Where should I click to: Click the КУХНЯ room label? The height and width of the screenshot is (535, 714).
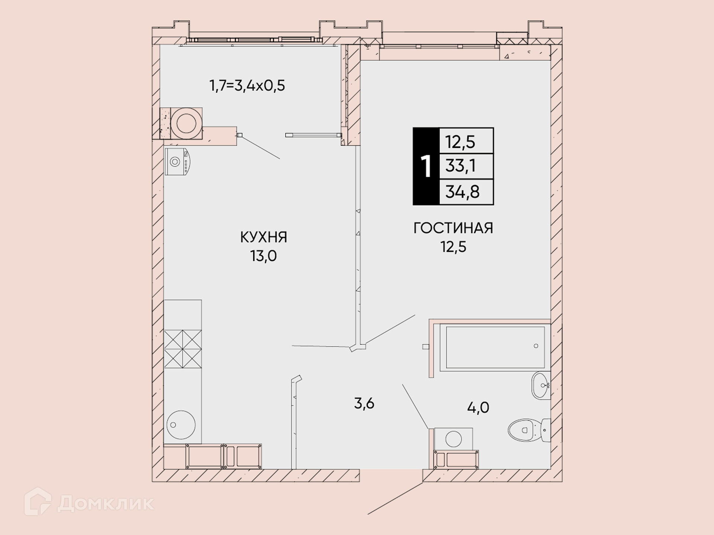pyautogui.click(x=264, y=237)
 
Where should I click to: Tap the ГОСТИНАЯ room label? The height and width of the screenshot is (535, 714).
pyautogui.click(x=453, y=228)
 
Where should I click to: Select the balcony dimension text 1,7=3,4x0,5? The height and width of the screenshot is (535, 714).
pyautogui.click(x=247, y=86)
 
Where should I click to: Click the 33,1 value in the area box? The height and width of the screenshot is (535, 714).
pyautogui.click(x=461, y=166)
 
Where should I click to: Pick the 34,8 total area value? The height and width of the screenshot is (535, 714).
pyautogui.click(x=463, y=192)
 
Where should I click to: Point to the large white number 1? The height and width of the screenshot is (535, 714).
pyautogui.click(x=426, y=167)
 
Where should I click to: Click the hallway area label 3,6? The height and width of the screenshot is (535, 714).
pyautogui.click(x=364, y=403)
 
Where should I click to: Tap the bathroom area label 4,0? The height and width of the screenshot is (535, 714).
pyautogui.click(x=478, y=408)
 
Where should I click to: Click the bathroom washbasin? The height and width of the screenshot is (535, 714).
pyautogui.click(x=541, y=385)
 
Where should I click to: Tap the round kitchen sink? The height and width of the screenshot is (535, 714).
pyautogui.click(x=181, y=425)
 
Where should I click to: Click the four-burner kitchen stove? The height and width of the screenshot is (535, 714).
pyautogui.click(x=183, y=349)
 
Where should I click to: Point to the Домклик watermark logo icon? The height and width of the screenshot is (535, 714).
pyautogui.click(x=38, y=502)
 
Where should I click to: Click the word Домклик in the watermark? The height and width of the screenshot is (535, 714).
pyautogui.click(x=106, y=503)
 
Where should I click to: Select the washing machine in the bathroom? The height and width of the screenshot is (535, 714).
pyautogui.click(x=454, y=439)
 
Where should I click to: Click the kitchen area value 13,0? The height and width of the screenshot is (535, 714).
pyautogui.click(x=264, y=256)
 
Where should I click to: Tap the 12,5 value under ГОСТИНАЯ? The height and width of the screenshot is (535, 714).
pyautogui.click(x=454, y=247)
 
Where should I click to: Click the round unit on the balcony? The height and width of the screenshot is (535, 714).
pyautogui.click(x=186, y=123)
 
